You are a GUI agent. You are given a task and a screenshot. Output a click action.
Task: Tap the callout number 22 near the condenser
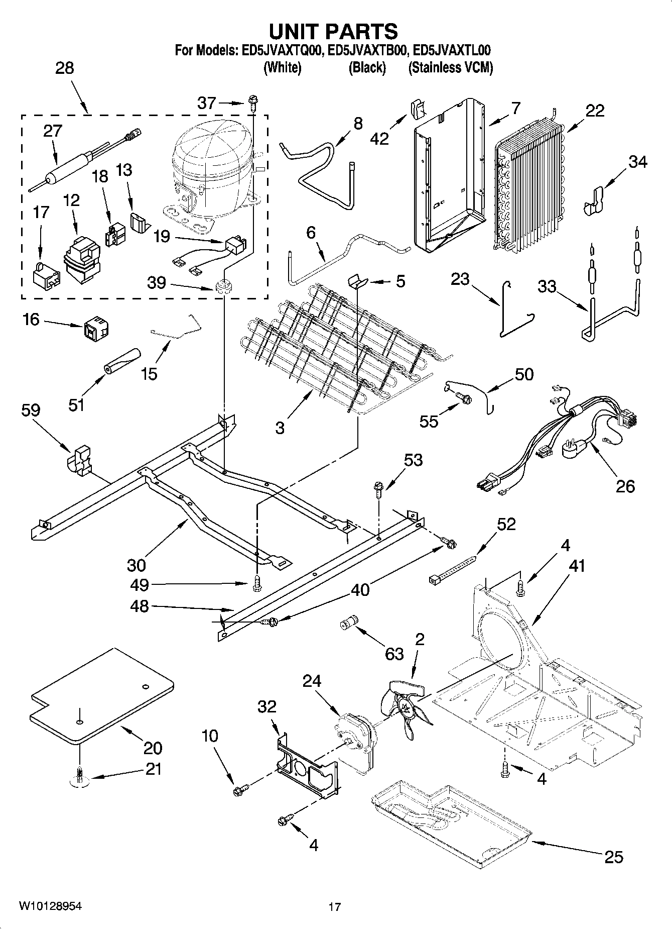coord(595,111)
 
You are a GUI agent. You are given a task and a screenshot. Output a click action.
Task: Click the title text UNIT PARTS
coord(333,31)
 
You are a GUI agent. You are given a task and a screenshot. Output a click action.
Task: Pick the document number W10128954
coord(50,906)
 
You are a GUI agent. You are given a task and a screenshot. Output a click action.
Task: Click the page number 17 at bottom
coord(334,907)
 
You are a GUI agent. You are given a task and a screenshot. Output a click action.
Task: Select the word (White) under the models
coord(283,68)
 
